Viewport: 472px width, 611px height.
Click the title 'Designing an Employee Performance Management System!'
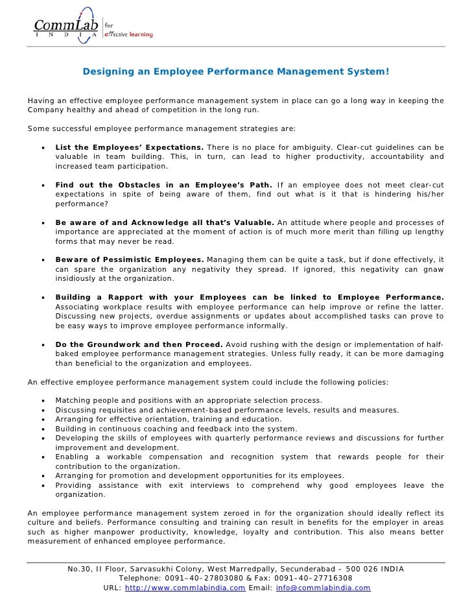236,71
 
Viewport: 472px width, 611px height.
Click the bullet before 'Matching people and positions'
43,401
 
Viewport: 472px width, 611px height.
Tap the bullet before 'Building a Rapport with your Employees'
43,297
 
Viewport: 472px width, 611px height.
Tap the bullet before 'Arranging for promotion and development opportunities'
43,475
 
